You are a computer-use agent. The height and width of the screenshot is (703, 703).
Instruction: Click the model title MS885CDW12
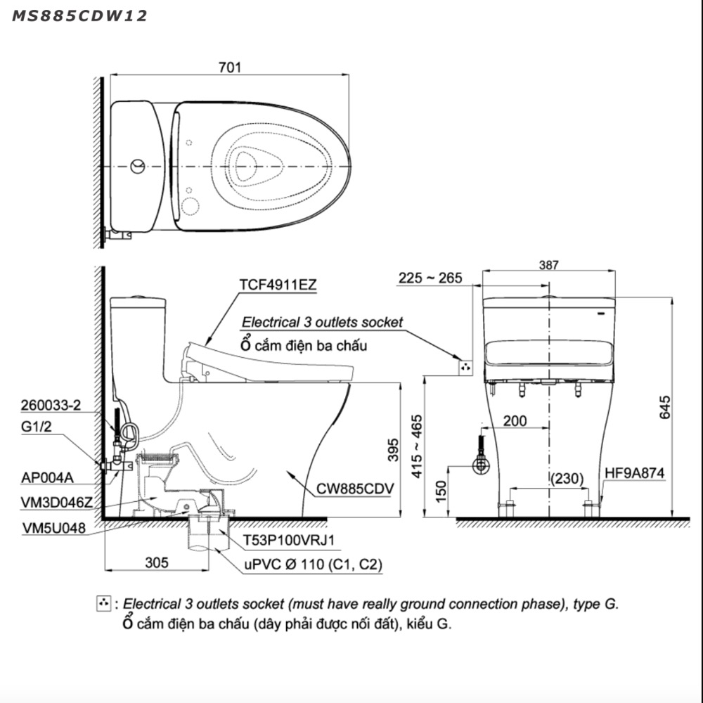coord(79,16)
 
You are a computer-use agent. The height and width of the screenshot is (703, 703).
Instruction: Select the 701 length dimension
coord(230,67)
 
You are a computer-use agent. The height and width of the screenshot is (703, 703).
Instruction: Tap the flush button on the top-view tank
coord(138,167)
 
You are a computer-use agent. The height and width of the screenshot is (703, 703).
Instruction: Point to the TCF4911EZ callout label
coord(278,285)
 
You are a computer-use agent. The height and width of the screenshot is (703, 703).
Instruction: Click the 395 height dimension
coord(393,450)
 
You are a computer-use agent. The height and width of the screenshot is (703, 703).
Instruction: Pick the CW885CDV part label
coord(354,489)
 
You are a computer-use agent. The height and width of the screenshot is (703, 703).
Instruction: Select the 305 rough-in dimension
coord(157,562)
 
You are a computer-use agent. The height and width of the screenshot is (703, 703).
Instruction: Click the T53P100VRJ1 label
coord(289,540)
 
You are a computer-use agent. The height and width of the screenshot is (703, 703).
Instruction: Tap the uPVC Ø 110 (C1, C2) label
coord(314,564)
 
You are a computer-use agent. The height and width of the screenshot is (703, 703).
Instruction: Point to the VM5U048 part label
coord(54,528)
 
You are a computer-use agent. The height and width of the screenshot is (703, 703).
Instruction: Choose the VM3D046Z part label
coord(56,503)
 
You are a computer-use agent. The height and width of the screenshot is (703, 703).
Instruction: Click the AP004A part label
coord(47,478)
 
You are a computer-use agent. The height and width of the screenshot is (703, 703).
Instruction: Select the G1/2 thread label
coord(37,427)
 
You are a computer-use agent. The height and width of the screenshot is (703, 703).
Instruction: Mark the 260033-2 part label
coord(51,406)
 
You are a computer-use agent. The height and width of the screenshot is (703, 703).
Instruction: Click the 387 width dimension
coord(548,265)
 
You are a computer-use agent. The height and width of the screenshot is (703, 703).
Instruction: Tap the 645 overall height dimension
coord(665,407)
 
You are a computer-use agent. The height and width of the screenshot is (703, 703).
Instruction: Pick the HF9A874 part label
coord(634,473)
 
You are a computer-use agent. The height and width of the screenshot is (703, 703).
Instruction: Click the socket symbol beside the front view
coord(465,368)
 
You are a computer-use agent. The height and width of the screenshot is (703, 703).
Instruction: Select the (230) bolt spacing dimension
coord(567,478)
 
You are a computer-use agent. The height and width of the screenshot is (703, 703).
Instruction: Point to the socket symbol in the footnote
coord(103,603)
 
